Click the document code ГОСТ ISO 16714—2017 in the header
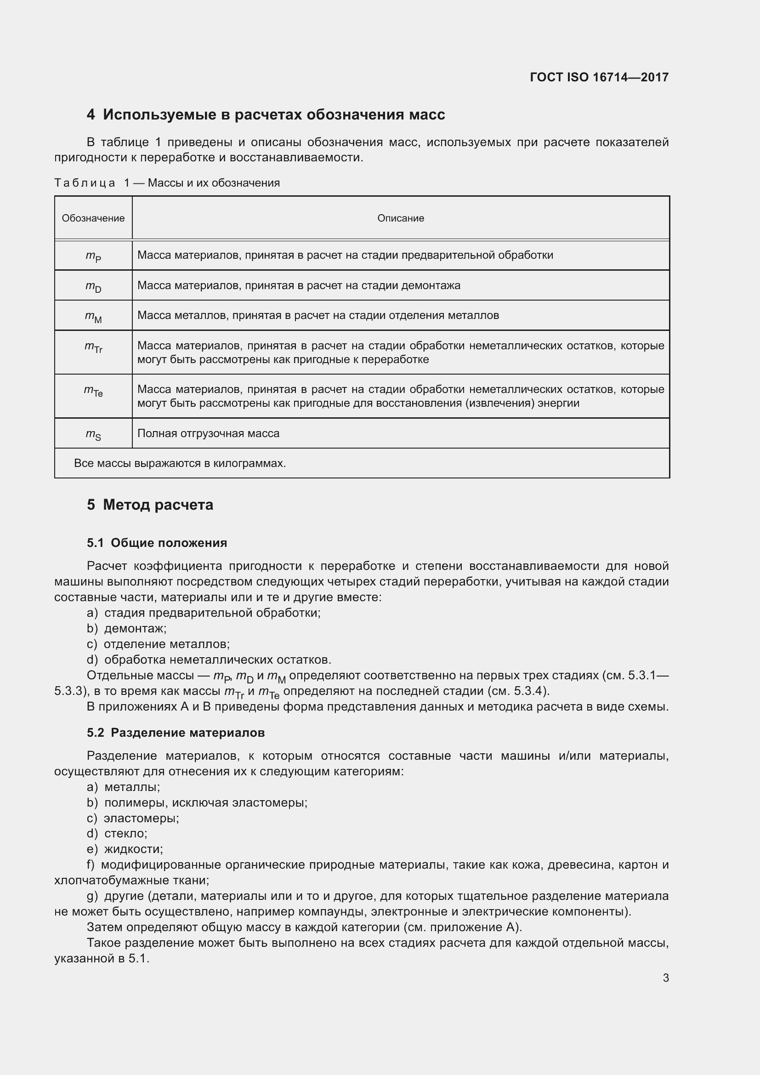pos(599,77)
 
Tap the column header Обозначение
pos(93,218)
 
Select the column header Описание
pos(401,218)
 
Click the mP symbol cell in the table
pos(93,256)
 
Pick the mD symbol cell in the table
pos(93,286)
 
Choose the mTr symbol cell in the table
pos(93,347)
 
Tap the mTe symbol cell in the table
pos(93,391)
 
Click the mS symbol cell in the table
pos(93,434)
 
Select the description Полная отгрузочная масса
pos(208,433)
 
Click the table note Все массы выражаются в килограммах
pos(180,464)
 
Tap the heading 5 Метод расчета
pos(150,505)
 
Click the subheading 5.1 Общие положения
pos(157,543)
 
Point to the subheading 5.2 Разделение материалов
pos(176,733)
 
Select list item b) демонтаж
pos(127,628)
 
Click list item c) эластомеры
pos(133,818)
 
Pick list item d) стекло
pos(117,833)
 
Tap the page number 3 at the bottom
pos(665,978)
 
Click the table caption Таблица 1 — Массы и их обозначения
pos(167,183)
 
